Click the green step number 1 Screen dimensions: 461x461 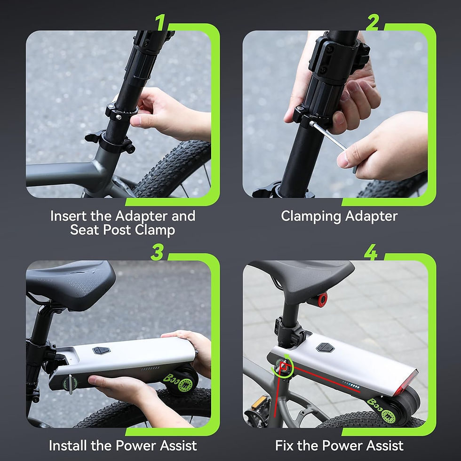point(161,22)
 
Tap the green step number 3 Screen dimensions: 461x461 point(157,253)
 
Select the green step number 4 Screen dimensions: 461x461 point(371,253)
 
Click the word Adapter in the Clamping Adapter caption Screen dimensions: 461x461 point(371,216)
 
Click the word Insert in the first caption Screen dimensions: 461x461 point(68,216)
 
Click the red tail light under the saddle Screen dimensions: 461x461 point(321,299)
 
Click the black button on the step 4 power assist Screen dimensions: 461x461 point(325,348)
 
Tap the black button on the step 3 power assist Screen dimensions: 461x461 point(101,350)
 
